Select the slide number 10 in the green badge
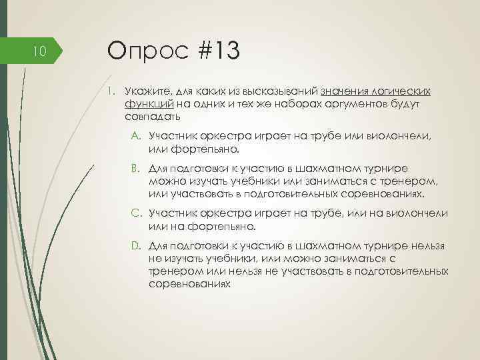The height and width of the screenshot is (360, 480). pos(39,50)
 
